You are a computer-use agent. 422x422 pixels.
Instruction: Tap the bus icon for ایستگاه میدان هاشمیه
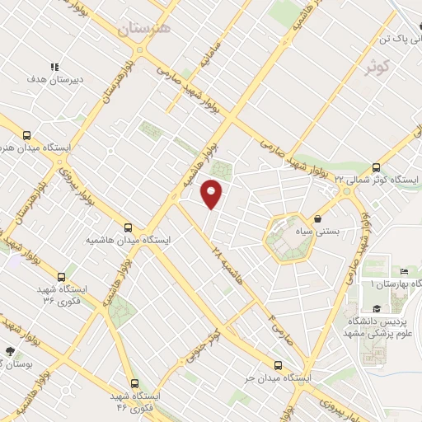127,227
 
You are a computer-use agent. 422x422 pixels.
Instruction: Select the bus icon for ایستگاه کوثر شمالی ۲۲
377,166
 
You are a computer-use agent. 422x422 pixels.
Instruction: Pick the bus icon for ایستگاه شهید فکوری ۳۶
61,277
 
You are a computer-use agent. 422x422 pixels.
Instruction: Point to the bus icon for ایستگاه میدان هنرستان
26,136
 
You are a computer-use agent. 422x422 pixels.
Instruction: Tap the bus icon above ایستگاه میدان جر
278,364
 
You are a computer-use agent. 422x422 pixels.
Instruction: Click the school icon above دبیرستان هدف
54,67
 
